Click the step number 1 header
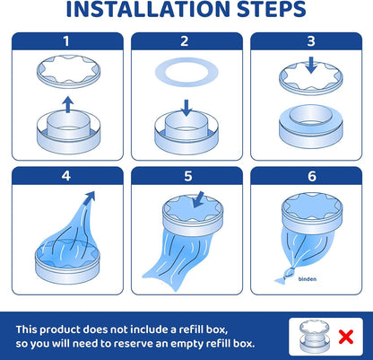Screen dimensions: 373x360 click(x=66, y=41)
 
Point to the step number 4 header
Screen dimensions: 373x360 click(x=66, y=176)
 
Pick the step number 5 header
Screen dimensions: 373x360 click(x=187, y=176)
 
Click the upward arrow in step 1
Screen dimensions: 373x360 click(x=68, y=104)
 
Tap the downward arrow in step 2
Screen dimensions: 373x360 click(x=186, y=108)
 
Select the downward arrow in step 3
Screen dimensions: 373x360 click(x=311, y=65)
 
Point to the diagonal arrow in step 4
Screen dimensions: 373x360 click(x=90, y=198)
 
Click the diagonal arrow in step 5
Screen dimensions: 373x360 click(x=198, y=199)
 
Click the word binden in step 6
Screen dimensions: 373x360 click(x=308, y=279)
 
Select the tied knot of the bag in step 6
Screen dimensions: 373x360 click(x=289, y=273)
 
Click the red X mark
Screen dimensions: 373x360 click(x=346, y=337)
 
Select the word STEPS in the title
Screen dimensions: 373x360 click(x=272, y=9)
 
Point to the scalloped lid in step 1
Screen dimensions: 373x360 click(x=68, y=71)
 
